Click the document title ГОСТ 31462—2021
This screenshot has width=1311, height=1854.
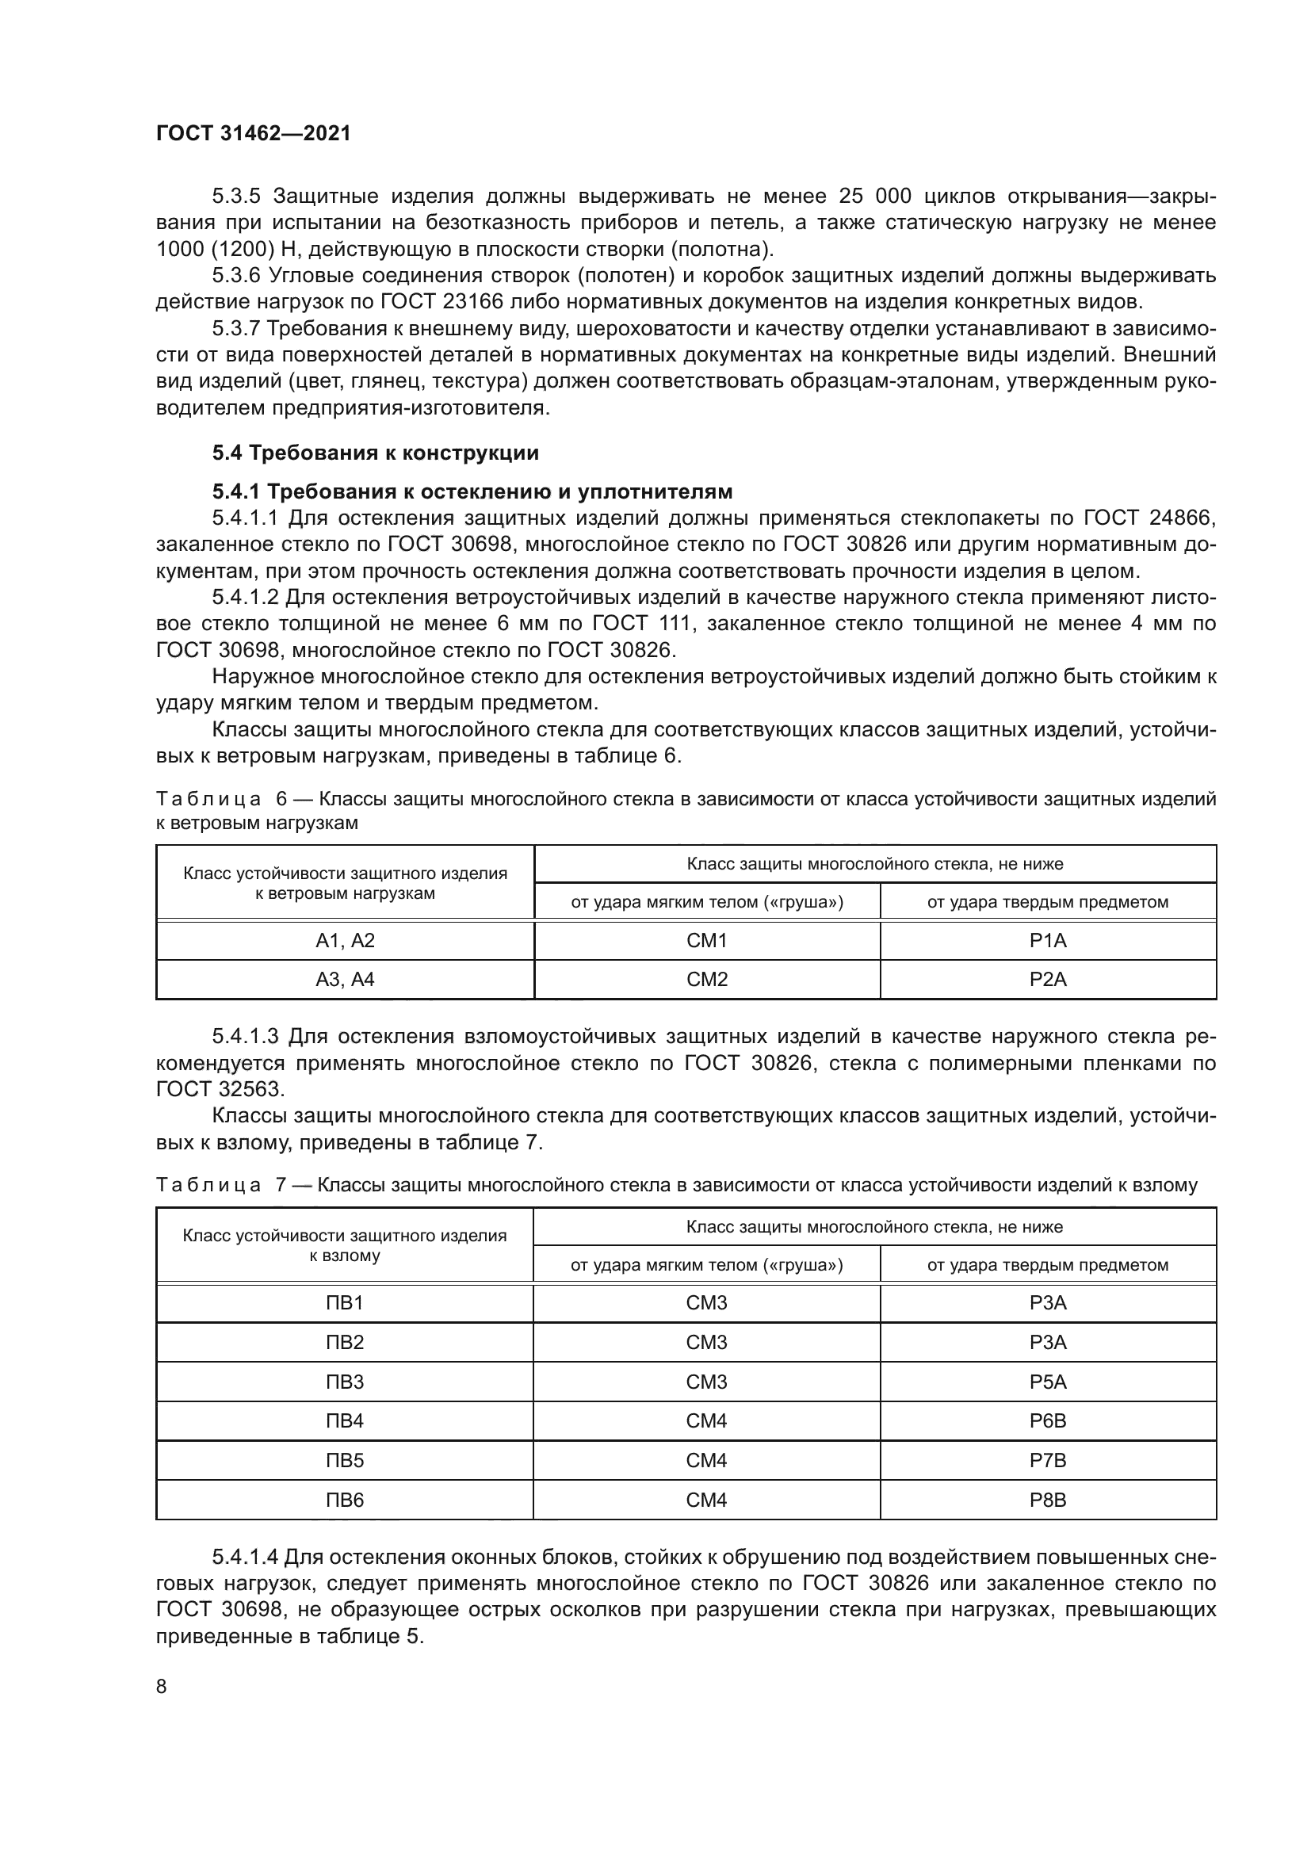click(254, 134)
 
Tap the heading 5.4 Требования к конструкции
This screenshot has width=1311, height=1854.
click(376, 453)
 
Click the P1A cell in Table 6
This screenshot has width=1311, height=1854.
click(1048, 941)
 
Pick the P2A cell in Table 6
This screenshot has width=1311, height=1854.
click(1048, 980)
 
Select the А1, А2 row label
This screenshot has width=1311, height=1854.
click(345, 941)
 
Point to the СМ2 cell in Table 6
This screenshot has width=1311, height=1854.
click(707, 980)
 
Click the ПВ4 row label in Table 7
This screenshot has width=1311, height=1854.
click(345, 1420)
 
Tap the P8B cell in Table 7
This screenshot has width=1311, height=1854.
click(1048, 1500)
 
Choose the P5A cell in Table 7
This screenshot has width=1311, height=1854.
click(1048, 1382)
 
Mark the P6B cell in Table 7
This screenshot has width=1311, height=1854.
click(1048, 1420)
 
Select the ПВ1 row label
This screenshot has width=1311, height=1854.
click(345, 1302)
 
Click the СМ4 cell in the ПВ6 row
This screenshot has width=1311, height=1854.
click(706, 1500)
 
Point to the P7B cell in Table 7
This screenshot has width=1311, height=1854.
click(1048, 1460)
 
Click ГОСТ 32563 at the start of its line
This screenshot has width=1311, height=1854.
click(220, 1089)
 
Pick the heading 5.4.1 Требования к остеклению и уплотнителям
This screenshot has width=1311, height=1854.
click(472, 491)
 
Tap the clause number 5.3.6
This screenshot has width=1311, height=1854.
click(235, 276)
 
